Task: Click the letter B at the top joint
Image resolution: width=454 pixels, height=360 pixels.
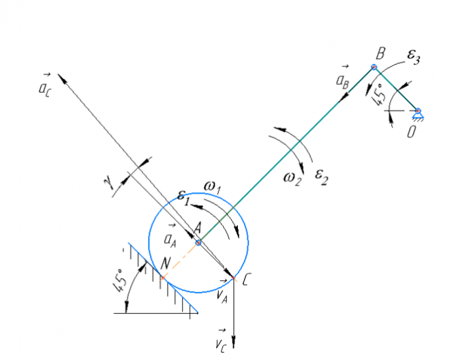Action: coord(380,53)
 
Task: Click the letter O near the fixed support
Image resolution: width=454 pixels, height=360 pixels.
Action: coord(411,132)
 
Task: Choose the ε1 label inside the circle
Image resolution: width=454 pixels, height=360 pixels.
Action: coord(183,196)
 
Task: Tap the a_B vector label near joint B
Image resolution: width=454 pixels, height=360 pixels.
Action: coord(343,79)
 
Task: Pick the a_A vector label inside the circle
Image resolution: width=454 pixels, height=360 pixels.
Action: coord(171,238)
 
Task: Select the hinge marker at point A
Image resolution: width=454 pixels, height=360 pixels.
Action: coord(198,242)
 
